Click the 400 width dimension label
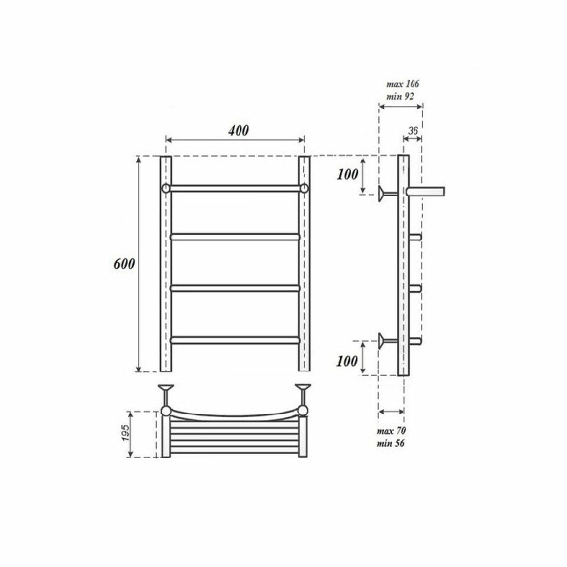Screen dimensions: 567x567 [x=239, y=131]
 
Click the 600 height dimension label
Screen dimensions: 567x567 [x=124, y=264]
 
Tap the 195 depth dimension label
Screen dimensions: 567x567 [x=125, y=433]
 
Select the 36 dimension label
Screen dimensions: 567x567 [x=413, y=131]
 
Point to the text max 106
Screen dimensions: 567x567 [x=403, y=84]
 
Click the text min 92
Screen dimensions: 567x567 [x=400, y=96]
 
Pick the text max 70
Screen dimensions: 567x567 [x=391, y=431]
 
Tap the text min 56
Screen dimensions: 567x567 [x=390, y=443]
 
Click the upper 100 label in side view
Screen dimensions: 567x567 [x=347, y=175]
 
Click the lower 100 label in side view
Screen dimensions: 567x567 [x=347, y=361]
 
